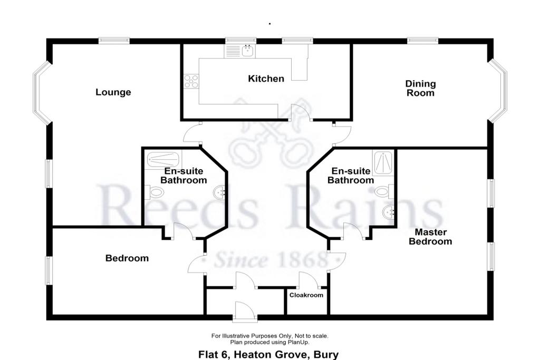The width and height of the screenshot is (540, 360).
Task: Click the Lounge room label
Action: coord(113,92)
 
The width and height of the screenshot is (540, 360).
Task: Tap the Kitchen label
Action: coord(266,79)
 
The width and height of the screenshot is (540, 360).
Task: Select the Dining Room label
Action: coord(420,88)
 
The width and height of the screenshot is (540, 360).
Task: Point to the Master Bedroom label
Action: coord(430,237)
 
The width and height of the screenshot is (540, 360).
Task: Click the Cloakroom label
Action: coord(306,295)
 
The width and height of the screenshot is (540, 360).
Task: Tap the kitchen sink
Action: coord(248,51)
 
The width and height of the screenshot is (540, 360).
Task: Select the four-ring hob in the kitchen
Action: coord(191,81)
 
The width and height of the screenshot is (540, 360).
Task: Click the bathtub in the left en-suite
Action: coord(163,160)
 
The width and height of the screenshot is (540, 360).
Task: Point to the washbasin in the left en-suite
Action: coord(219,192)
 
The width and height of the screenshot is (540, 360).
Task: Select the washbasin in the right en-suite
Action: coord(389,212)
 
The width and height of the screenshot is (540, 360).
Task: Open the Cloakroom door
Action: coord(308,280)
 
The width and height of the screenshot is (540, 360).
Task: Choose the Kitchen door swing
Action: coord(301,113)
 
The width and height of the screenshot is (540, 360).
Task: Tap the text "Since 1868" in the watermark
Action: coord(270,260)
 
